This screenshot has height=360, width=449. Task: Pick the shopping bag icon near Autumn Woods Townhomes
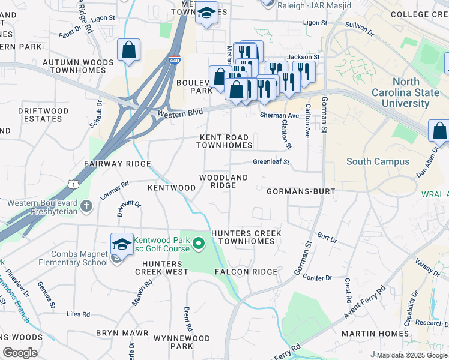tap(129, 50)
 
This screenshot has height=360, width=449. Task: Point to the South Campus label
tap(378, 161)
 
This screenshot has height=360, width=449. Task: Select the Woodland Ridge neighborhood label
tap(223, 182)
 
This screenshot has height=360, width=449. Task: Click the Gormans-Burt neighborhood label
tap(300, 191)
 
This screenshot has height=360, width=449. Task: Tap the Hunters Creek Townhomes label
tap(246, 237)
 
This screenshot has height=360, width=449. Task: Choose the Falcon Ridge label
tap(246, 272)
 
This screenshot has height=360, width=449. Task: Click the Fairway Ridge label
tap(117, 164)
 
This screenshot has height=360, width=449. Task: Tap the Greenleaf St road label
tap(271, 162)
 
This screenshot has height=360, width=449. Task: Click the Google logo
tap(20, 353)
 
